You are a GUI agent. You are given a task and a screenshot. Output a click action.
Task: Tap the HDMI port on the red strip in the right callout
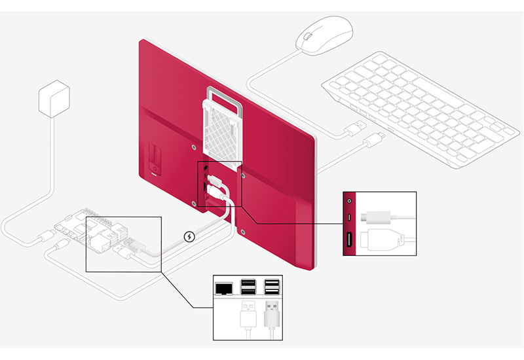[348, 242]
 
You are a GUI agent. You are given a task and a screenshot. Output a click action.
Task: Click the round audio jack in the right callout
[348, 201]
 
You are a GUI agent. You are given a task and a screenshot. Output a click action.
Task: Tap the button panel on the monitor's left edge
[155, 161]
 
